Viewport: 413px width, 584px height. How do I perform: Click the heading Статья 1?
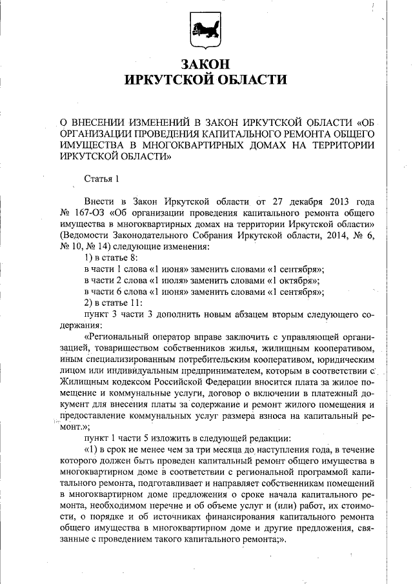(x=102, y=177)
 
